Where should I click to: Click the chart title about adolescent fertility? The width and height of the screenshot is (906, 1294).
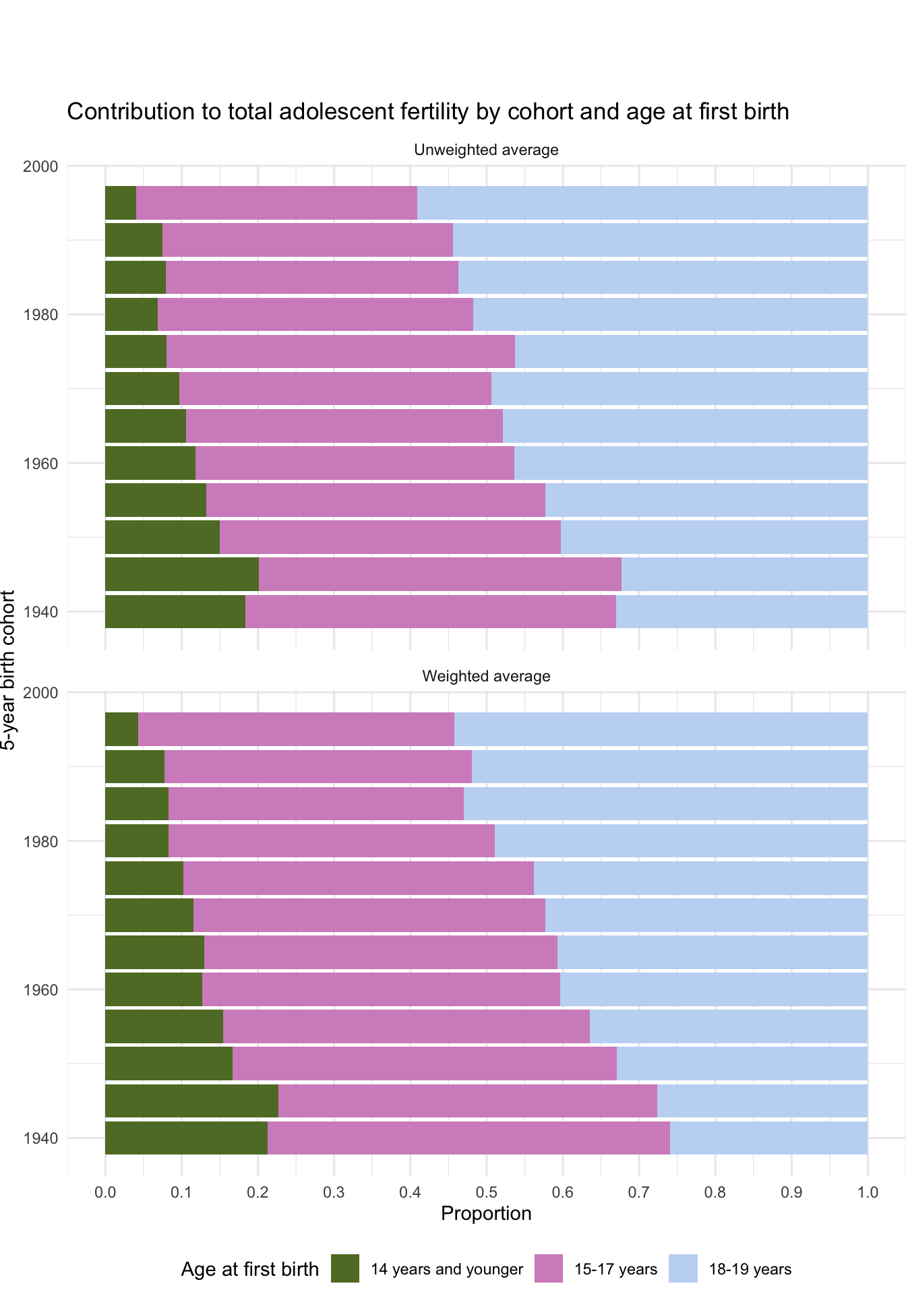[x=427, y=112]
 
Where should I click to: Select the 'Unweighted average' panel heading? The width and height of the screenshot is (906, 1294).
[x=486, y=150]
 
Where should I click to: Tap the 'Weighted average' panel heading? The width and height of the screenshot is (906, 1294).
[x=486, y=676]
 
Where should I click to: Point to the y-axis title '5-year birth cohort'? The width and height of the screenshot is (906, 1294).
[x=8, y=670]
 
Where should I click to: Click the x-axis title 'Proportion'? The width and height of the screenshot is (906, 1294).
[x=486, y=1213]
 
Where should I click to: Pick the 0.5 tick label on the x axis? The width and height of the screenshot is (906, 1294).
[x=486, y=1192]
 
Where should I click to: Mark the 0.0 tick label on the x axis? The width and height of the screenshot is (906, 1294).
[x=105, y=1192]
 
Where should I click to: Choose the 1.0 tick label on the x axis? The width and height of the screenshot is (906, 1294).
[x=868, y=1192]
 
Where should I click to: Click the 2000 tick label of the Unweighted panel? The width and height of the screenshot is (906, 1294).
[x=40, y=166]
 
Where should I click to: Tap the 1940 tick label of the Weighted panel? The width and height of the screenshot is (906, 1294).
[x=40, y=1138]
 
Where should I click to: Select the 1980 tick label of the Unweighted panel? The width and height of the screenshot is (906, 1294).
[x=40, y=315]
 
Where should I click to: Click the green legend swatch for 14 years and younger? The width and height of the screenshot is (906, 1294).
[x=345, y=1268]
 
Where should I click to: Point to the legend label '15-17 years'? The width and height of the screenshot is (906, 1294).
[x=615, y=1270]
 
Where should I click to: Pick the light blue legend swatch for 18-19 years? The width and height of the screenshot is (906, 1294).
[x=683, y=1268]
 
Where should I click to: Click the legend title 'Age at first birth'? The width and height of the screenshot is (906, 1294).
[x=249, y=1270]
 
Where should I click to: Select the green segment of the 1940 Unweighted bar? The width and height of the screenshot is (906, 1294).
[x=175, y=611]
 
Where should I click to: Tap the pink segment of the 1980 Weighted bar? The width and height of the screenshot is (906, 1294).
[x=331, y=840]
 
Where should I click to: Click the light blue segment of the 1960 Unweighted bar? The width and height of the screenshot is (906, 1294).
[x=690, y=463]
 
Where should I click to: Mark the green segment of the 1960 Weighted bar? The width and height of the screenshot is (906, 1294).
[x=153, y=989]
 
